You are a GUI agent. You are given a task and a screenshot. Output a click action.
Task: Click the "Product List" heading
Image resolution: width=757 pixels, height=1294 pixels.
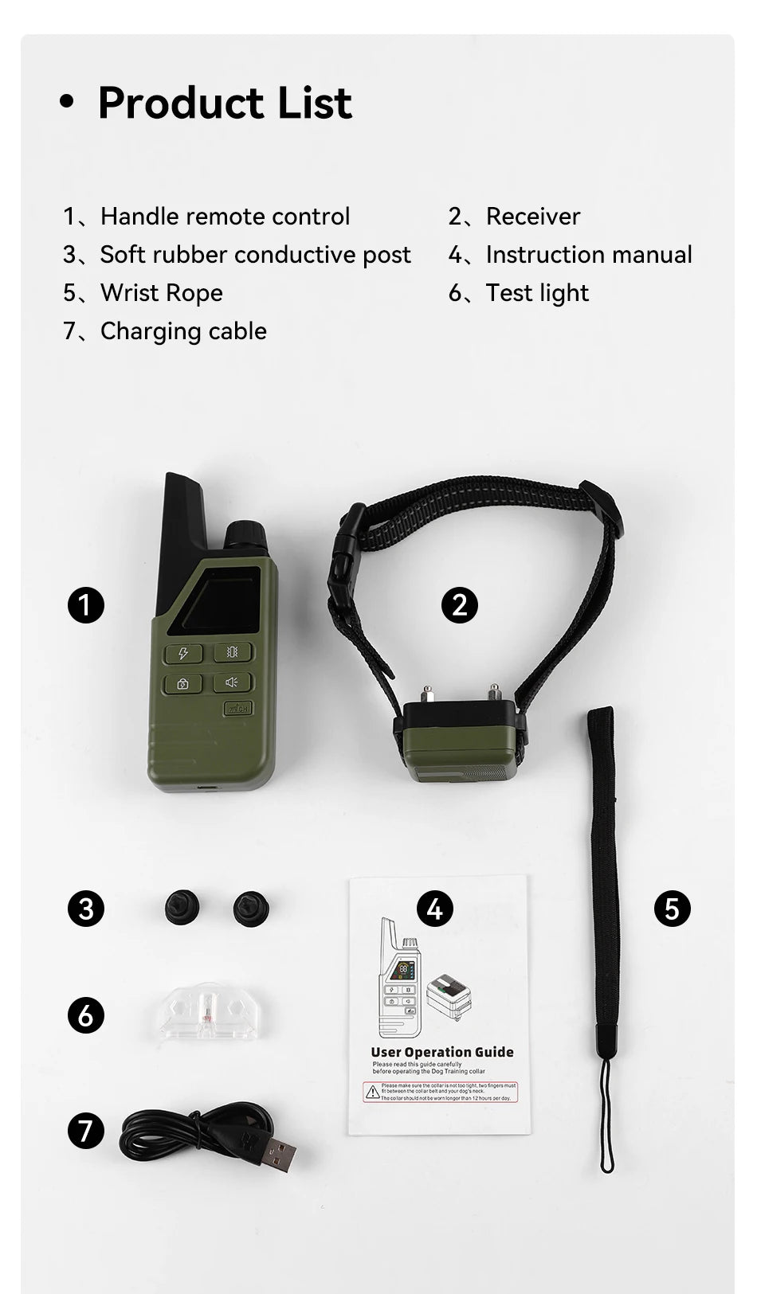[224, 103]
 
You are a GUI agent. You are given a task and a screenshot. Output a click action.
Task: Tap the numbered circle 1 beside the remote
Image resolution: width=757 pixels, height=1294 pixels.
[86, 605]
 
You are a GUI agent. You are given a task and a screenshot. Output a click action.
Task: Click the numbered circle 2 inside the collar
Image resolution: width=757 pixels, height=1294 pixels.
[459, 605]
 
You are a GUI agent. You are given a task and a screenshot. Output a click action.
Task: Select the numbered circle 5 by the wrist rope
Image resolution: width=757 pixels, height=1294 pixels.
[672, 909]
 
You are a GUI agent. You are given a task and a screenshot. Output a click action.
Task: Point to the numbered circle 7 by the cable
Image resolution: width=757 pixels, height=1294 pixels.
[86, 1131]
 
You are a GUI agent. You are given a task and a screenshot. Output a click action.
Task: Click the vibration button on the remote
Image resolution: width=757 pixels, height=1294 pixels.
[232, 652]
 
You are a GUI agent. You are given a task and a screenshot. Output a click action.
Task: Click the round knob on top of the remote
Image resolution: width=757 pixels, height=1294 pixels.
[245, 534]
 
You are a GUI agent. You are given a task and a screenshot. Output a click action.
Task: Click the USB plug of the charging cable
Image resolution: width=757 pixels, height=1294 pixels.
[279, 1153]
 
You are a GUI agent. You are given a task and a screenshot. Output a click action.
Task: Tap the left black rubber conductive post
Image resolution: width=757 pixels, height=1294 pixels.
[182, 908]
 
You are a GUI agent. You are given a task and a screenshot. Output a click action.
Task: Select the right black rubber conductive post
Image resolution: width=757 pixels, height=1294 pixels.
[250, 908]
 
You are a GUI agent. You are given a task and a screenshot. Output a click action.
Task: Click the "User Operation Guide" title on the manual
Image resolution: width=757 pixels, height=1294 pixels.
[442, 1052]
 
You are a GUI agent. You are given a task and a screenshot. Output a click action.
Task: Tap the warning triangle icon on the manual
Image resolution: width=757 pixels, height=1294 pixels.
[372, 1093]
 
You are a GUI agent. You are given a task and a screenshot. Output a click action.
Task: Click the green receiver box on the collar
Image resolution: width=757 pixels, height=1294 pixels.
[458, 749]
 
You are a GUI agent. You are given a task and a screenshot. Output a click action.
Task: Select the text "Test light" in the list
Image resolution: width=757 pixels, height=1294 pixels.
[537, 293]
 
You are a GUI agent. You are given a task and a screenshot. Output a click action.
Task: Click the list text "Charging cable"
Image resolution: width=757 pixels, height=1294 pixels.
[183, 331]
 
